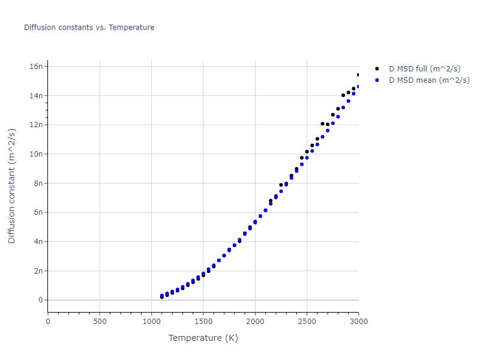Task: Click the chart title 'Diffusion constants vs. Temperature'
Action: [89, 28]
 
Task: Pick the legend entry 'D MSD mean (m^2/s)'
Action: [429, 80]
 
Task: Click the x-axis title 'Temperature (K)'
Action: [203, 338]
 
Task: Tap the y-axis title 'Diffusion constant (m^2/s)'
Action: [12, 186]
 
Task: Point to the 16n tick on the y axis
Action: [37, 66]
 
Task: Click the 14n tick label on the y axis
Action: [37, 95]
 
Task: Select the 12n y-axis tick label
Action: [37, 125]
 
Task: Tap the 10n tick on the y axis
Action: [37, 154]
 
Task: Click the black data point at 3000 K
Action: [359, 75]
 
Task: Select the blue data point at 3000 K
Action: [359, 86]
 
